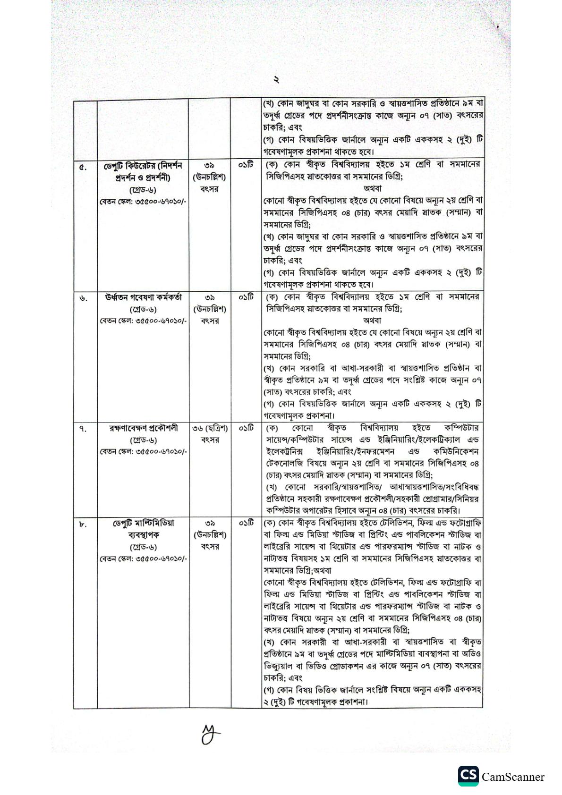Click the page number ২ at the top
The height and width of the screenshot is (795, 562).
pyautogui.click(x=276, y=80)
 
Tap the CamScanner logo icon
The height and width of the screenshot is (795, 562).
pyautogui.click(x=468, y=777)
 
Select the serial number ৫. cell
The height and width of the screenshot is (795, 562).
pyautogui.click(x=83, y=167)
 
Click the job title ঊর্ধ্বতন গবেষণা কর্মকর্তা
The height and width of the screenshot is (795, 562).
pyautogui.click(x=143, y=297)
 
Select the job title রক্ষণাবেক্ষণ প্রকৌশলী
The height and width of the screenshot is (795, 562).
pyautogui.click(x=143, y=428)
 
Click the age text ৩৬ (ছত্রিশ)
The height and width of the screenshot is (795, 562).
pyautogui.click(x=210, y=428)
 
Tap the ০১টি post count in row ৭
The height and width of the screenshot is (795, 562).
pyautogui.click(x=246, y=428)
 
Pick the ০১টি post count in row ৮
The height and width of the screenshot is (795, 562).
pyautogui.click(x=246, y=523)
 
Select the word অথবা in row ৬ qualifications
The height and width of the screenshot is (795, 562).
pyautogui.click(x=373, y=321)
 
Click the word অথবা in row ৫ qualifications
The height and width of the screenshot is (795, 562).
pyautogui.click(x=373, y=188)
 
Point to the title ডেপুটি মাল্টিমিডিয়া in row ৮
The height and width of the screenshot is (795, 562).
pyautogui.click(x=143, y=523)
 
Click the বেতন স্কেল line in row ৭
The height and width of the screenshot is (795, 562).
pyautogui.click(x=143, y=452)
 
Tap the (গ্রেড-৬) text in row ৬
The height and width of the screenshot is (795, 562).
pyautogui.click(x=143, y=309)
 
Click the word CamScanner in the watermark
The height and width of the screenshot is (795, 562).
pyautogui.click(x=513, y=777)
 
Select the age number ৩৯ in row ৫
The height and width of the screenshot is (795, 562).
pyautogui.click(x=210, y=166)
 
